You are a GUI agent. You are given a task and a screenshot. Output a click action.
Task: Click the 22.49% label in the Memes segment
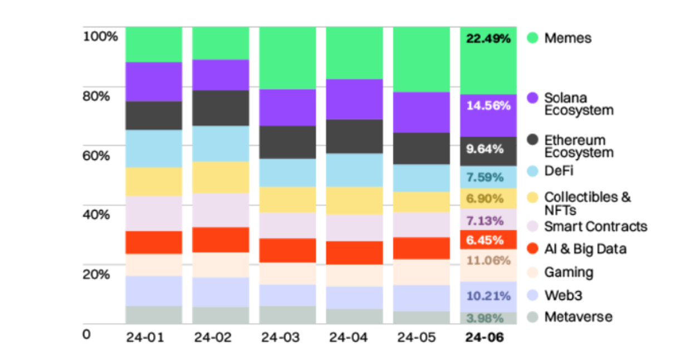click(488, 38)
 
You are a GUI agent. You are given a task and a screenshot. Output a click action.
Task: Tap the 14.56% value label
click(488, 105)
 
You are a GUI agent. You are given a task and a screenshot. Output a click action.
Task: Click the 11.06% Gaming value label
click(488, 260)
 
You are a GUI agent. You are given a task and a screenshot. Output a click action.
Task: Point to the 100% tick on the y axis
click(100, 37)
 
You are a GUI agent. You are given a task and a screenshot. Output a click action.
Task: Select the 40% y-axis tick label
click(96, 215)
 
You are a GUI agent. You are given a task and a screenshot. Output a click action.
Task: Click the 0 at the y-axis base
click(86, 335)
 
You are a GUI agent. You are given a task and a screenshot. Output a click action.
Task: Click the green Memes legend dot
click(532, 38)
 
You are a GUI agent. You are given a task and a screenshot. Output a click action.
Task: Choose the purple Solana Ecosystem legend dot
click(532, 98)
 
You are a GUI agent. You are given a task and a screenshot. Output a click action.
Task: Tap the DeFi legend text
click(559, 171)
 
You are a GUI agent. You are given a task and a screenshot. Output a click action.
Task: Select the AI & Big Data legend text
click(585, 249)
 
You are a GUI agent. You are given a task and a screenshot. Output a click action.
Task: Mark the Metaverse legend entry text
click(578, 317)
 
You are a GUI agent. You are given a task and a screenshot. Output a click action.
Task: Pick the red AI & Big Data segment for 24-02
click(221, 240)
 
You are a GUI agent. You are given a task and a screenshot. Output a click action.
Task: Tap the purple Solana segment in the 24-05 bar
click(421, 112)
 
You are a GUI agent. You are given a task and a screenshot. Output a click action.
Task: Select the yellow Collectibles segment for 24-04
click(354, 201)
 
